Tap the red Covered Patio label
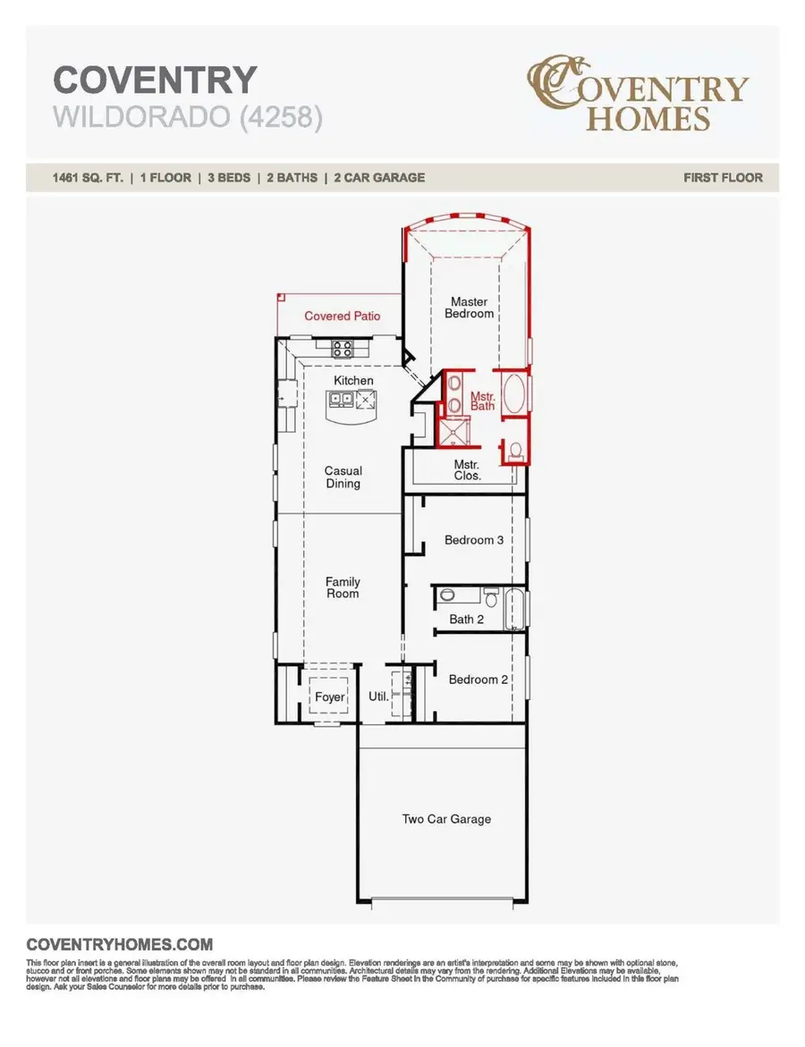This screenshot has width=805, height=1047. pos(342,316)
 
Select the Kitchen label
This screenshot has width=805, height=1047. pos(353,381)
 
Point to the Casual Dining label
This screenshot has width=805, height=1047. pos(343,477)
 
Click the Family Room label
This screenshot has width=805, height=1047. pos(343,587)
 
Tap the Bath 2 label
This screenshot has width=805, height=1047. pos(462,619)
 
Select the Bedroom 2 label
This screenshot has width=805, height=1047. pos(479,680)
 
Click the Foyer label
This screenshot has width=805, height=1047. pos(329,697)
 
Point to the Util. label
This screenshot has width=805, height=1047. pos(378,697)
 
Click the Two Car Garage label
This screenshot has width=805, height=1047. pos(446,818)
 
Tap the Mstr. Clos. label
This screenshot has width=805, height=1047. pos(467,470)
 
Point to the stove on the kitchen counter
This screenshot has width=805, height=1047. pos(343,347)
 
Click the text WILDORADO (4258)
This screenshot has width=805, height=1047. pos(187,117)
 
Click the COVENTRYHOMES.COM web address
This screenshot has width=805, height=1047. pos(120,944)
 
